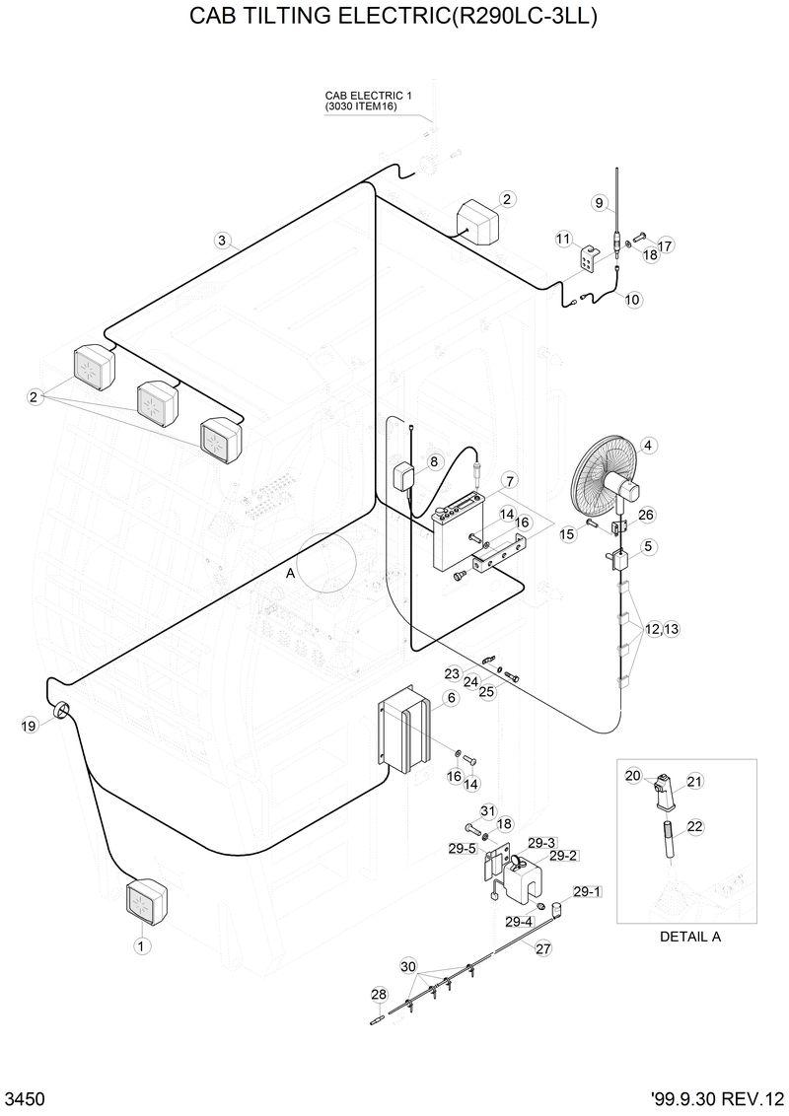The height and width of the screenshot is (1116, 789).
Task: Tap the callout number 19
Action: click(29, 727)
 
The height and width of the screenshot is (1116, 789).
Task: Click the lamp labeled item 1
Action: click(146, 900)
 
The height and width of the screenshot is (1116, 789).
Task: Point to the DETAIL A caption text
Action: click(689, 937)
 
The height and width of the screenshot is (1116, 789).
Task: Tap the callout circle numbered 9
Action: click(599, 202)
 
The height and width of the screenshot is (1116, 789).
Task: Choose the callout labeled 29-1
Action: click(586, 891)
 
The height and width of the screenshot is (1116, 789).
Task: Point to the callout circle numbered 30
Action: click(408, 965)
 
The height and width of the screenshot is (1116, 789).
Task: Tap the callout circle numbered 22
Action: click(694, 827)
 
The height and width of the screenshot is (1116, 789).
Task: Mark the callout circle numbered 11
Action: click(563, 239)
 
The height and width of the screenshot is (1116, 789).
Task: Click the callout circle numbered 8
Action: click(433, 461)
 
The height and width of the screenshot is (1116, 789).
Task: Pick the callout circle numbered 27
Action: click(543, 948)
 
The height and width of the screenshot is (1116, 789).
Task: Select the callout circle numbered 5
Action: click(648, 546)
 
